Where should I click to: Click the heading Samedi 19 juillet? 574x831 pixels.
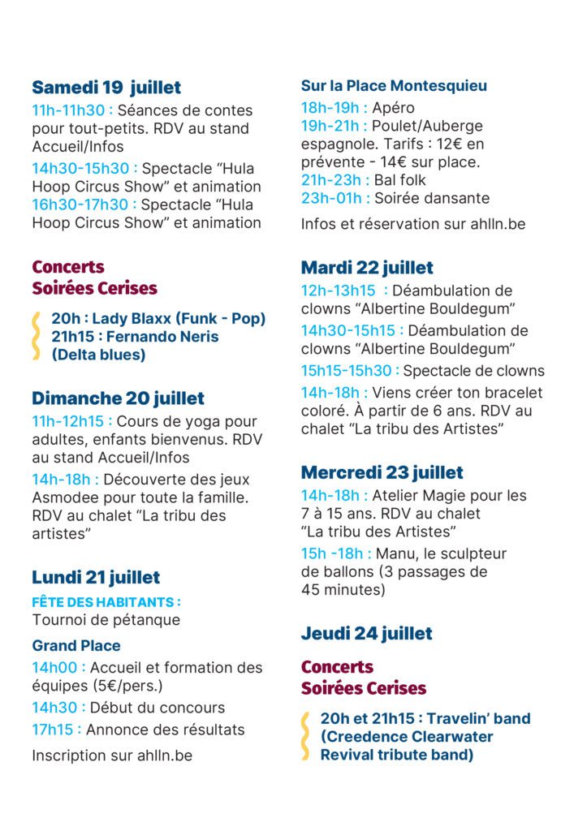106,88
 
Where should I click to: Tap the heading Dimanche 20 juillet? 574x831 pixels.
118,398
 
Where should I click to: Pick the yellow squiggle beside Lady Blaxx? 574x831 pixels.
36,335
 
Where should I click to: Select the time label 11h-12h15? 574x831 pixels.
70,422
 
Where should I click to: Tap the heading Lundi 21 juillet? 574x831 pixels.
96,577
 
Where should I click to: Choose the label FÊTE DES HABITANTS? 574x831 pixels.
105,602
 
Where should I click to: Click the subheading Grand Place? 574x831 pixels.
76,646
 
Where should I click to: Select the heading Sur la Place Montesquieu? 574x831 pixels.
394,86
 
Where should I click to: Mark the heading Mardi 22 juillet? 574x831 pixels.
367,267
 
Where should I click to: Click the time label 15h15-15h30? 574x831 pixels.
349,371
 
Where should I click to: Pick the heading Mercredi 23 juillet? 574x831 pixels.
382,472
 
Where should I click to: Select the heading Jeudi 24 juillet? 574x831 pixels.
366,633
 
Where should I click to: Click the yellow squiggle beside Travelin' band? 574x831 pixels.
305,737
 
